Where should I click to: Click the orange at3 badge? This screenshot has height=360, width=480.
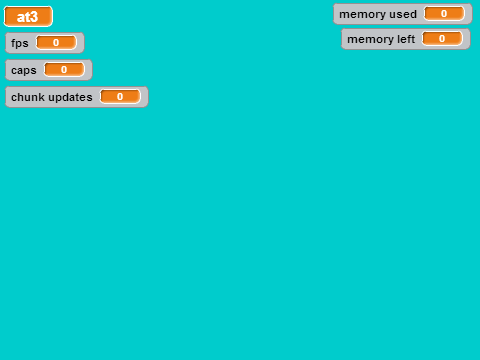[28, 16]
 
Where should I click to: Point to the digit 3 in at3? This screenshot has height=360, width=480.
[33, 17]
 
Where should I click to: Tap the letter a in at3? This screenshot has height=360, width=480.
[20, 18]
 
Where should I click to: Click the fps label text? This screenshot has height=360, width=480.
[20, 43]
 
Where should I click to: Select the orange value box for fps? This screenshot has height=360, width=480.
[56, 42]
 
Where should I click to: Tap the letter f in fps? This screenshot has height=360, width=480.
[13, 43]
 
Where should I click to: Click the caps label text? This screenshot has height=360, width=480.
[24, 70]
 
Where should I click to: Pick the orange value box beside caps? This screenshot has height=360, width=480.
[64, 69]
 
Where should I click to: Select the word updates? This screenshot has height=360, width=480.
[70, 97]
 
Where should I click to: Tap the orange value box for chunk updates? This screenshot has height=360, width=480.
[120, 96]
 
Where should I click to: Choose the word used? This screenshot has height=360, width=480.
[402, 14]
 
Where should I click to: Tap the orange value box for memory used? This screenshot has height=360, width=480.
[444, 13]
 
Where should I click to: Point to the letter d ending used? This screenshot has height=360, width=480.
[413, 14]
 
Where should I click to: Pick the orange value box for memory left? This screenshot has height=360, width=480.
[442, 38]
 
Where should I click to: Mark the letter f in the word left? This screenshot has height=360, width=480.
[409, 39]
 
